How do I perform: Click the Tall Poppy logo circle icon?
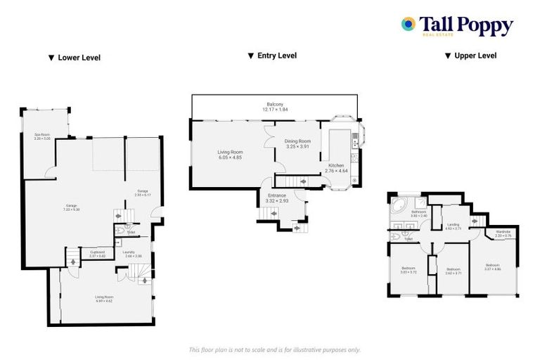pyautogui.click(x=408, y=25)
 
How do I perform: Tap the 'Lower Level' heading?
pyautogui.click(x=75, y=58)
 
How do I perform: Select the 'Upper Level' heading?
pyautogui.click(x=470, y=56)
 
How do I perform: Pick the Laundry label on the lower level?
pyautogui.click(x=129, y=254)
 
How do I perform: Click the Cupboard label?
pyautogui.click(x=97, y=254)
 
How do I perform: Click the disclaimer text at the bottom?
pyautogui.click(x=274, y=349)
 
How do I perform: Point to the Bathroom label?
pyautogui.click(x=419, y=213)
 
